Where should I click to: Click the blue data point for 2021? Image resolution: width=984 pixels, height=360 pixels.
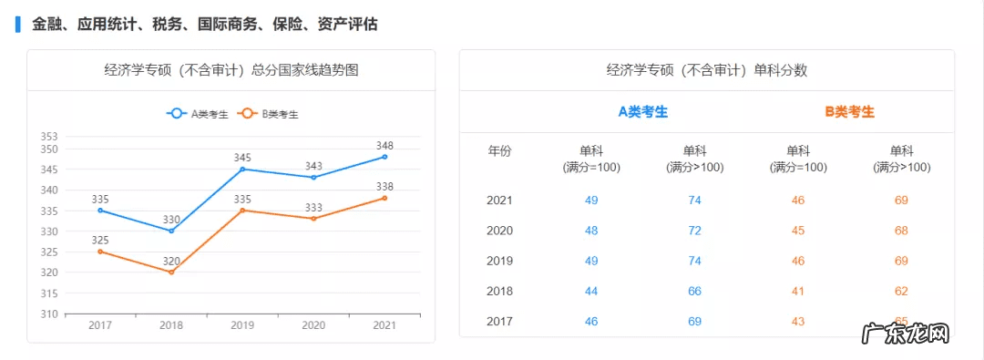coord(384,157)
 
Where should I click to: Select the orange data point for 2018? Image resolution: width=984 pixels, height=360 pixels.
coord(171,272)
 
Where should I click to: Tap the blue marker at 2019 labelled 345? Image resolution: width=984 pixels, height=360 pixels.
coord(242,169)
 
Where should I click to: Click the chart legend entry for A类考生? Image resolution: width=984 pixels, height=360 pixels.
coord(197,114)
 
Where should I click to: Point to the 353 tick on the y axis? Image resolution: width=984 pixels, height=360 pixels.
coord(49,137)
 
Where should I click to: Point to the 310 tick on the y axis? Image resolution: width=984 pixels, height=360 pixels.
coord(49,314)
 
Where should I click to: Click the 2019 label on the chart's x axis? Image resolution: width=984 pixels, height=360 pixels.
coord(242,325)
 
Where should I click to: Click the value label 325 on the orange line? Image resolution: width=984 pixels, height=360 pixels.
coord(100,241)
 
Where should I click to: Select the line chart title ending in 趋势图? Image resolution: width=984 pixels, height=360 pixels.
coord(231,70)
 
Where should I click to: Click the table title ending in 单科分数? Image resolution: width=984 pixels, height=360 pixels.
coord(706,70)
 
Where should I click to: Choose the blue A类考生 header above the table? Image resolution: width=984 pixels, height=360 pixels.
coord(643,112)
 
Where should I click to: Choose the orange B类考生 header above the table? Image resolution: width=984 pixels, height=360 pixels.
coord(850,112)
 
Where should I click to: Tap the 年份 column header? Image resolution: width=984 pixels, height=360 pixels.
coord(499,151)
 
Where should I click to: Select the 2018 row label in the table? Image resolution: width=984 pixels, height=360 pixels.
coord(499,291)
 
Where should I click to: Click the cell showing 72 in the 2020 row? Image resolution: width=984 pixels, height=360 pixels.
coord(694,231)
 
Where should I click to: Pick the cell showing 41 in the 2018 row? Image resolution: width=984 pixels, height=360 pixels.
coord(798,291)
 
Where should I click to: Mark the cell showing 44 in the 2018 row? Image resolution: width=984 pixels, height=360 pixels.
coord(591,291)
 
